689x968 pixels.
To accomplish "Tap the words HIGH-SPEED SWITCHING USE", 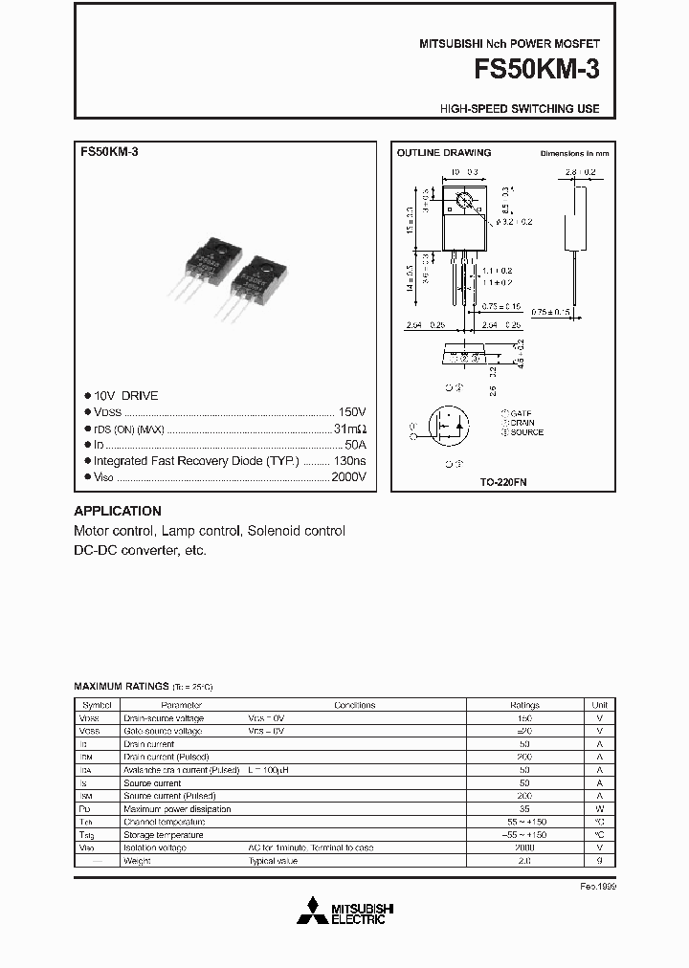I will click(x=520, y=109).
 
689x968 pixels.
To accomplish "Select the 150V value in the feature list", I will click(x=351, y=411).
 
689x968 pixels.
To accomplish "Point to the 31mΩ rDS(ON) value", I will click(x=349, y=428).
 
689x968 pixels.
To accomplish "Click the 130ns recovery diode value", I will click(x=347, y=460).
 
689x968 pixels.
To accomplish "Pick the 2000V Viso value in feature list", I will click(x=346, y=476).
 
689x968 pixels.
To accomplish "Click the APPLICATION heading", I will click(x=118, y=511).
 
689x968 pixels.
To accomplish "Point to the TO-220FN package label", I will click(x=503, y=483).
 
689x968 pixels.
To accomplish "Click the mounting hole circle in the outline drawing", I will click(x=465, y=201).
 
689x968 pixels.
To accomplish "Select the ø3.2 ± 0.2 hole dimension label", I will click(x=514, y=221).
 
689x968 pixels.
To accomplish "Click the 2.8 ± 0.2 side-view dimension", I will click(x=580, y=172).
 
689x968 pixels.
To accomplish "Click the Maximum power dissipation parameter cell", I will click(x=177, y=809).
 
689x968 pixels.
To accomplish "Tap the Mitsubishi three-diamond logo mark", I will click(x=311, y=912).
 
